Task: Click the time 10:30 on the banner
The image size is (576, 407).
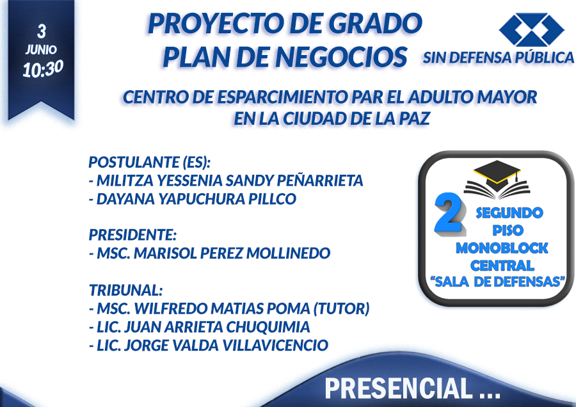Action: pyautogui.click(x=43, y=68)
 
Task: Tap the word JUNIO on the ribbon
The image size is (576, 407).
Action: pyautogui.click(x=41, y=49)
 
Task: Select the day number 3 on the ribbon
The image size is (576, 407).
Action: pyautogui.click(x=42, y=31)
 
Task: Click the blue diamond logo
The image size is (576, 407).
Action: pyautogui.click(x=531, y=29)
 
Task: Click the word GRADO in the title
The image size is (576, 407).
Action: pyautogui.click(x=375, y=24)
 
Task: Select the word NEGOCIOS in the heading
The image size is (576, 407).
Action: pyautogui.click(x=341, y=57)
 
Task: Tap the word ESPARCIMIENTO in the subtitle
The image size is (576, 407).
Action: pyautogui.click(x=282, y=97)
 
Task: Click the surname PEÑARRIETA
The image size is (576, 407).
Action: pyautogui.click(x=319, y=180)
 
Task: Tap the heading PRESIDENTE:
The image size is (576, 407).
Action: pyautogui.click(x=132, y=235)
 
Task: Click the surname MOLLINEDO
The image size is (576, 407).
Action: pyautogui.click(x=289, y=253)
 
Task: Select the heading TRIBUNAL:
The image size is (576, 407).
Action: pyautogui.click(x=125, y=290)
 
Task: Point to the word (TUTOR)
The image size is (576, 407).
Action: pyautogui.click(x=341, y=308)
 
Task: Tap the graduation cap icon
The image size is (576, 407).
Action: pyautogui.click(x=497, y=180)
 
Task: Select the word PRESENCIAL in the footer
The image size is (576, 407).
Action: pyautogui.click(x=398, y=388)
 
